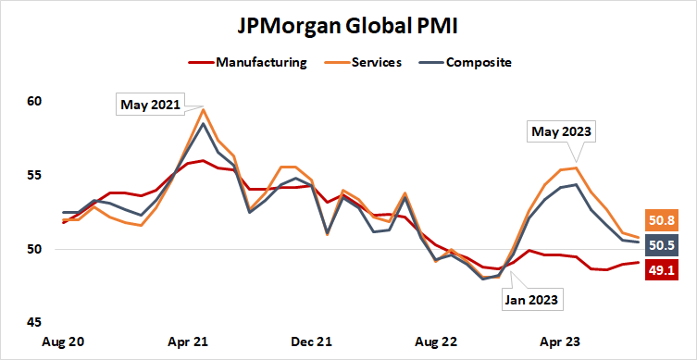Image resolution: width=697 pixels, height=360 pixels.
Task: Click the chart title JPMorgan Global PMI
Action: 348,27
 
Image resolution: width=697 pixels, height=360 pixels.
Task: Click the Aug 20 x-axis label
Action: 64,341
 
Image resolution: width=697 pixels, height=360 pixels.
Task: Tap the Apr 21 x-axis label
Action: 188,341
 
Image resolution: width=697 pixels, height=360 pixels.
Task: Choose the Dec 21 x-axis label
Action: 312,341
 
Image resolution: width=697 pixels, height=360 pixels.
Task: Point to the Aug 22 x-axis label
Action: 436,341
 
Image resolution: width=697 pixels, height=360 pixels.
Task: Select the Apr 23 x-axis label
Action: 560,341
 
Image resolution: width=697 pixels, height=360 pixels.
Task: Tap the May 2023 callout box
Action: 562,131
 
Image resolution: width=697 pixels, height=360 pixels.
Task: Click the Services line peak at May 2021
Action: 203,109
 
